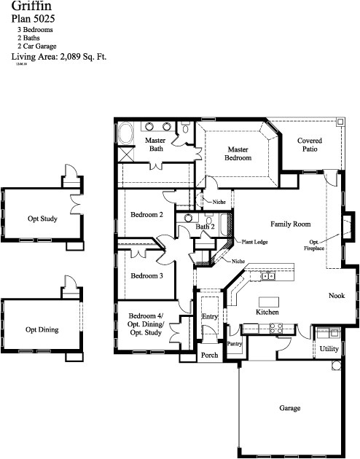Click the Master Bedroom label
pos(238,154)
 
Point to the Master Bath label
pos(156,144)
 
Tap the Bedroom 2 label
pos(146,215)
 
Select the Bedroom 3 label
pos(146,276)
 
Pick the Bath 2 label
pos(205,227)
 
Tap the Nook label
pos(336,295)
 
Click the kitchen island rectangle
pos(269,301)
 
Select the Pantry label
pos(235,343)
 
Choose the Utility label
pos(329,349)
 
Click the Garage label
pos(289,409)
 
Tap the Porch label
pos(210,356)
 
